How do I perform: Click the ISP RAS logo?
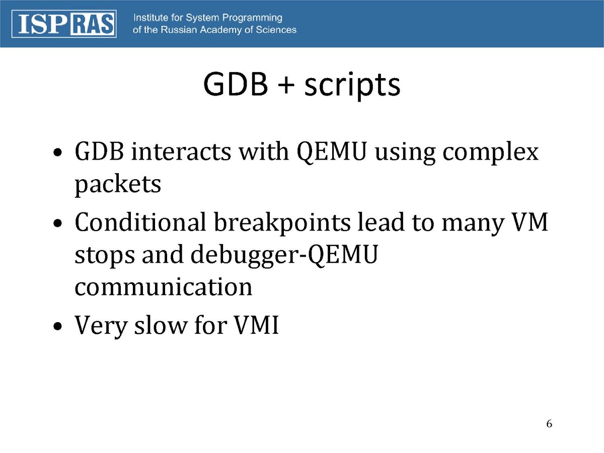[x=64, y=24]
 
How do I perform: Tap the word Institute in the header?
[x=150, y=18]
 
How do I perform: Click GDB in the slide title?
[x=236, y=84]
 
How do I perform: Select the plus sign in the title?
[x=286, y=85]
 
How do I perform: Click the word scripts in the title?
[x=352, y=85]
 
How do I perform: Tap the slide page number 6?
[x=549, y=424]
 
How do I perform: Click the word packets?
[x=118, y=185]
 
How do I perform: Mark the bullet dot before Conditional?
[x=57, y=223]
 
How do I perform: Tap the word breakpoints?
[x=282, y=223]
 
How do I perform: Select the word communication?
[x=164, y=286]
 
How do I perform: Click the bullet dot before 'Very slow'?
[x=57, y=327]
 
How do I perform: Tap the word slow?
[x=161, y=325]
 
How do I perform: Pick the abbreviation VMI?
[x=256, y=325]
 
